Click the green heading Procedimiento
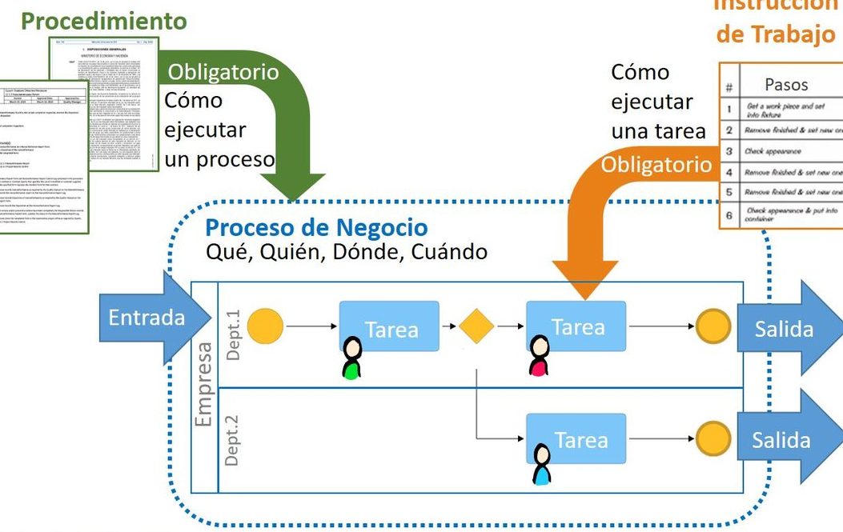tap(104, 21)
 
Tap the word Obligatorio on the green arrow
tap(223, 73)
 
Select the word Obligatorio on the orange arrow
tap(655, 165)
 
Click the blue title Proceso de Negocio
tap(316, 229)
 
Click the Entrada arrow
tap(144, 318)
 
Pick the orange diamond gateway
tap(476, 326)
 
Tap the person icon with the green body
tap(351, 358)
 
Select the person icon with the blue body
tap(543, 465)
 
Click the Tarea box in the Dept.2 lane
tap(576, 439)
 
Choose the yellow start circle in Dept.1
tap(265, 326)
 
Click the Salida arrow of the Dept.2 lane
tap(789, 440)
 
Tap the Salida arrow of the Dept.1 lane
tap(789, 329)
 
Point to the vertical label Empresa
tap(203, 385)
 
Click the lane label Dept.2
tap(233, 439)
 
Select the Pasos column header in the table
tap(786, 84)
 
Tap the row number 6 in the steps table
tap(729, 215)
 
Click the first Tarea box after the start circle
tap(390, 327)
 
